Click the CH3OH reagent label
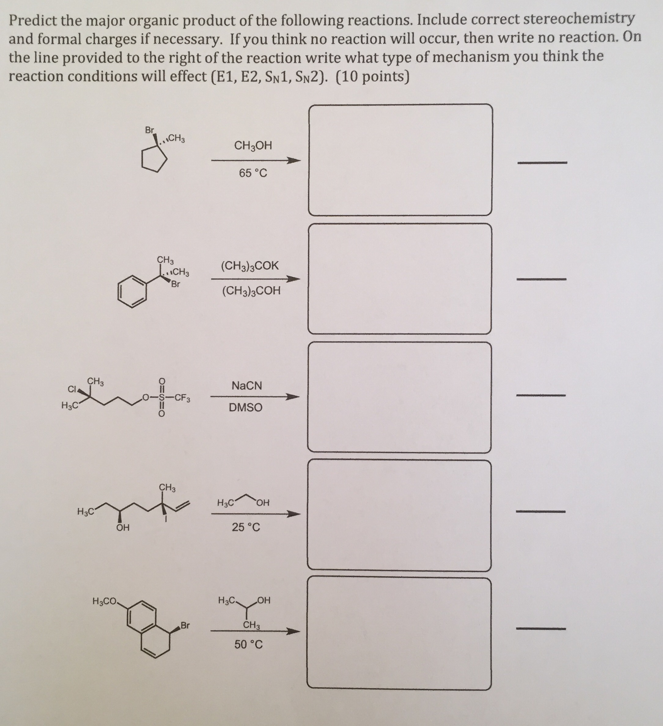(253, 146)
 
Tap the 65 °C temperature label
(253, 173)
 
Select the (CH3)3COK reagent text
(250, 266)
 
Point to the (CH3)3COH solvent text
(251, 291)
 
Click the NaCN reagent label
(247, 386)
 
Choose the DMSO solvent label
(246, 408)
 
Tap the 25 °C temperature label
(246, 527)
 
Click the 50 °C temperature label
(249, 644)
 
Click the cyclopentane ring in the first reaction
(154, 159)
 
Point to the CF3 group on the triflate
(183, 398)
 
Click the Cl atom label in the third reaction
(72, 389)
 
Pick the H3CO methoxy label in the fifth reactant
(105, 601)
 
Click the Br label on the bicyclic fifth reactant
(185, 625)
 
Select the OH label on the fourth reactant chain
(123, 528)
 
